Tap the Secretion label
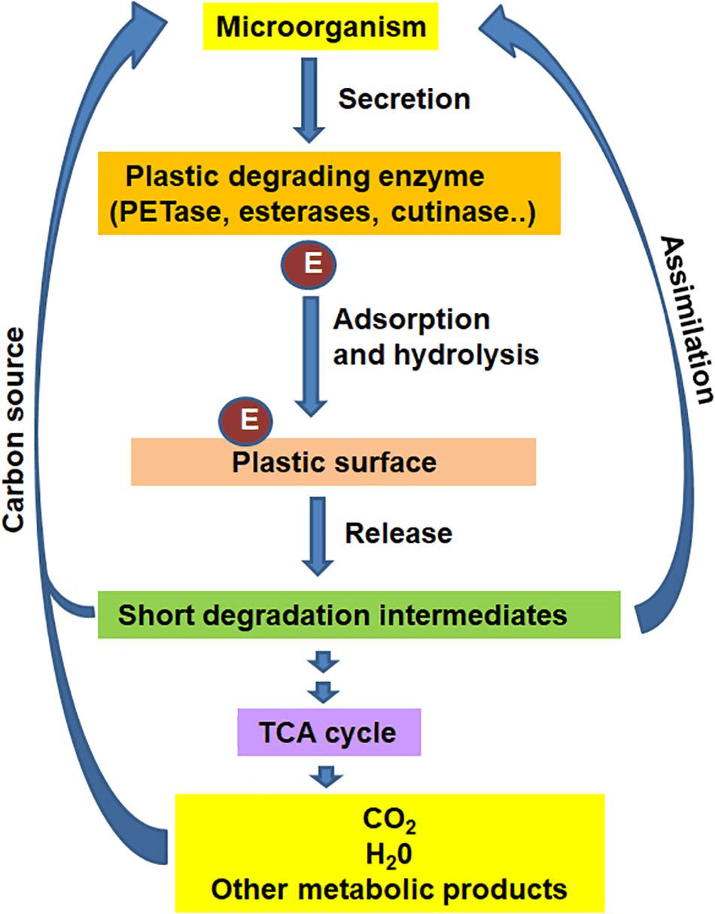coord(404,99)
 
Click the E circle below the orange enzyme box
coord(308,266)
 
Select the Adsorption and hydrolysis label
coord(435,336)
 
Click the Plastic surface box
coord(333,461)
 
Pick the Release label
coord(398,533)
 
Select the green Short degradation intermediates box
coord(358,615)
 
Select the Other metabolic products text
coord(388,889)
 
